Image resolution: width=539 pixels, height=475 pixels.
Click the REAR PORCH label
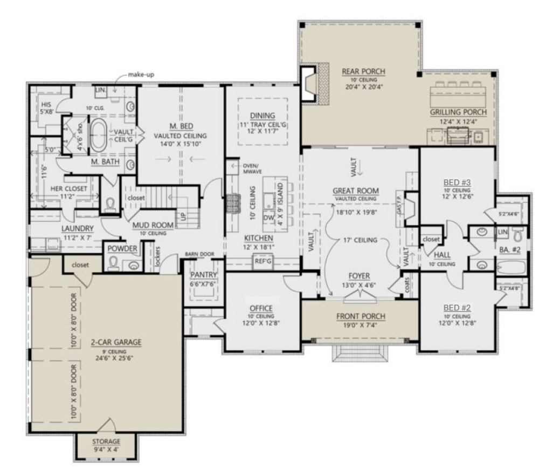coord(360,71)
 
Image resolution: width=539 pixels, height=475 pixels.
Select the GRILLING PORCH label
coord(458,112)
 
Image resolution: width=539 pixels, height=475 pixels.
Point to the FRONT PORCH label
coord(359,316)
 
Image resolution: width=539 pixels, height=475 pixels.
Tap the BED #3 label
coord(457,182)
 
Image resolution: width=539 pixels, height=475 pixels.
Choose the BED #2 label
coord(457,308)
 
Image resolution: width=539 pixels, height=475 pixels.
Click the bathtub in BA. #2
coord(509,266)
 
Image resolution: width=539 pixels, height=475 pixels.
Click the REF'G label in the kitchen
coord(261,263)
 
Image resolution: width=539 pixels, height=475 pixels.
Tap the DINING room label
coord(262,116)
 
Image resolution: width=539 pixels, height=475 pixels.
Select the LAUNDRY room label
coord(78,228)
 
